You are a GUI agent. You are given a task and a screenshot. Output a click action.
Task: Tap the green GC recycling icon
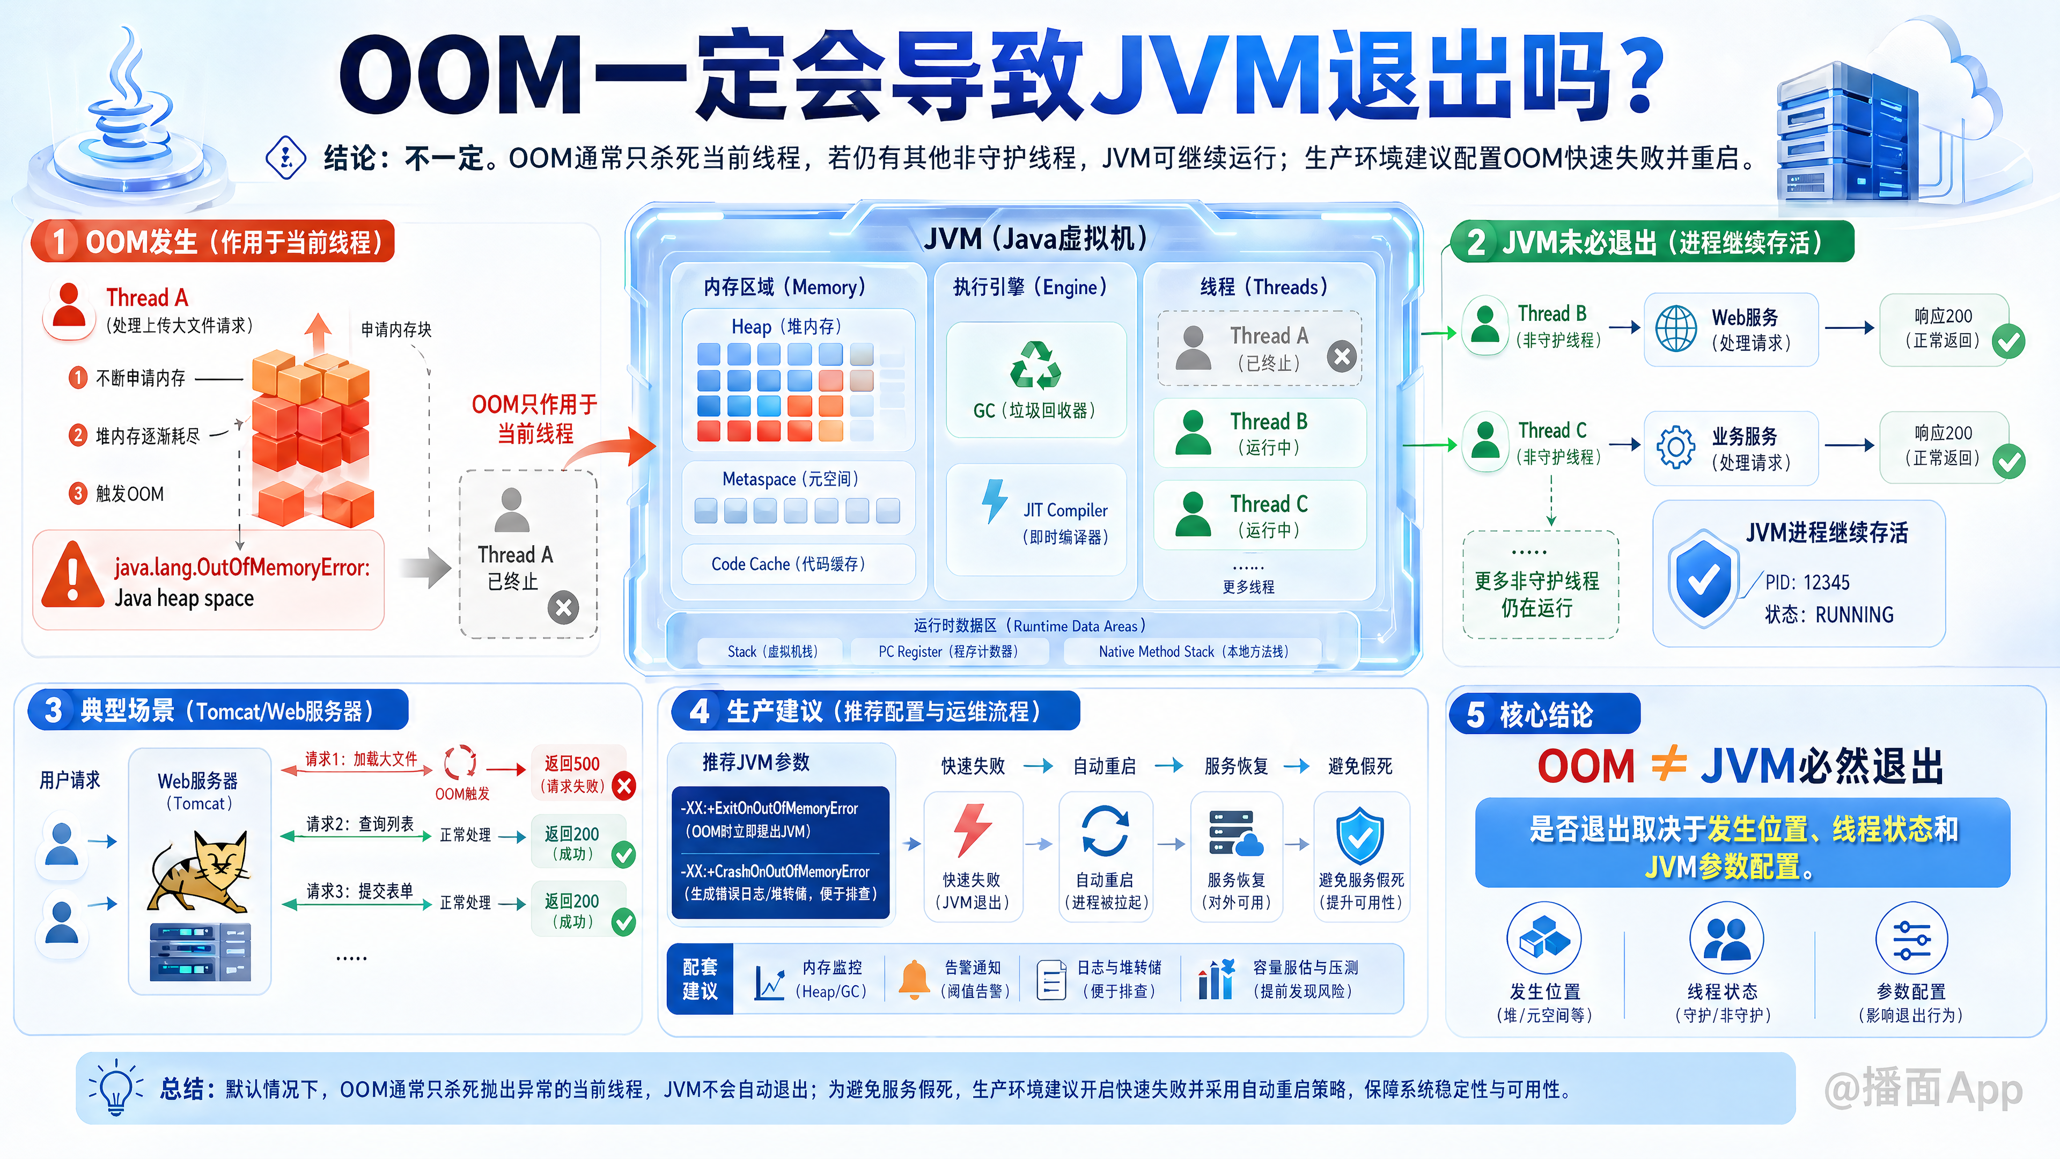[x=1035, y=365]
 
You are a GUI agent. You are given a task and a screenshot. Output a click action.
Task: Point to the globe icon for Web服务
[x=1676, y=329]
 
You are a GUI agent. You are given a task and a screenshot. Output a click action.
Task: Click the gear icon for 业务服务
[x=1676, y=446]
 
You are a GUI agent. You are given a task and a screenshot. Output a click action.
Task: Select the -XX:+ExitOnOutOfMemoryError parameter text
[x=769, y=808]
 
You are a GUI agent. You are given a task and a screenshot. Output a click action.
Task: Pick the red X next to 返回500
[x=624, y=786]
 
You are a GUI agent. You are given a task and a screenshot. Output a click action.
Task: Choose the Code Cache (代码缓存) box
[x=798, y=564]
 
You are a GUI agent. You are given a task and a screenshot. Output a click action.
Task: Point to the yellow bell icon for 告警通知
[x=914, y=979]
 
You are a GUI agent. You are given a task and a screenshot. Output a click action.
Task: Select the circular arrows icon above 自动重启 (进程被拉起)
[x=1105, y=831]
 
